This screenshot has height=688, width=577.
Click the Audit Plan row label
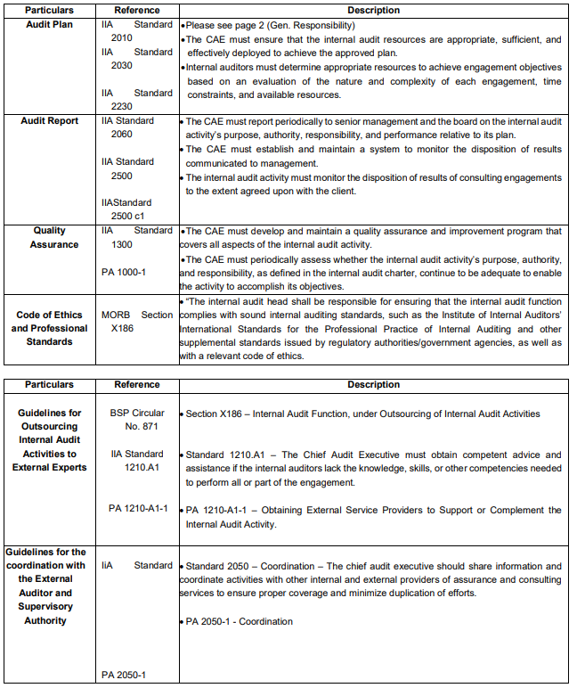50,25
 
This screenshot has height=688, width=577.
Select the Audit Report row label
50,121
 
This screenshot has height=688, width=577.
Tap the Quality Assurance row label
50,238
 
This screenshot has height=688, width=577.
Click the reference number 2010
122,38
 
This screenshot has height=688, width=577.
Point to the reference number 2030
122,66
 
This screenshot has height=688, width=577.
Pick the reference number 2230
122,107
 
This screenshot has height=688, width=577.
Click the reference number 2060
122,135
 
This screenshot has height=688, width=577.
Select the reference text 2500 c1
128,217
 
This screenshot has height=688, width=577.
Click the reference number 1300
122,244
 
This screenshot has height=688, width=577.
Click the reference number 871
144,427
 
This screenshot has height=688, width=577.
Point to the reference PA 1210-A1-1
138,509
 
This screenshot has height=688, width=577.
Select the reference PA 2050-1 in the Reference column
124,675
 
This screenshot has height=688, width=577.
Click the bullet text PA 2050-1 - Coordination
239,621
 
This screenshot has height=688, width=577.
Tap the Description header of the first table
374,11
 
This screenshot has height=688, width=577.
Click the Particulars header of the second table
50,385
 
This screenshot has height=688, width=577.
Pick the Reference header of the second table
137,385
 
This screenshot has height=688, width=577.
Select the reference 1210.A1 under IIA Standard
141,468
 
